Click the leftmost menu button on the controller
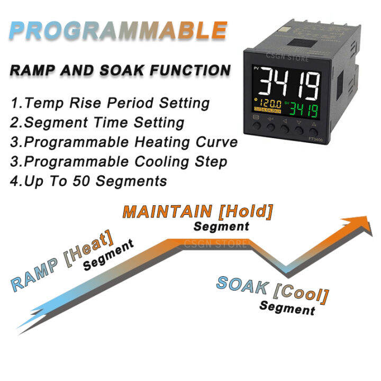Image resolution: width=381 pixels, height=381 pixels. coord(257,128)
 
